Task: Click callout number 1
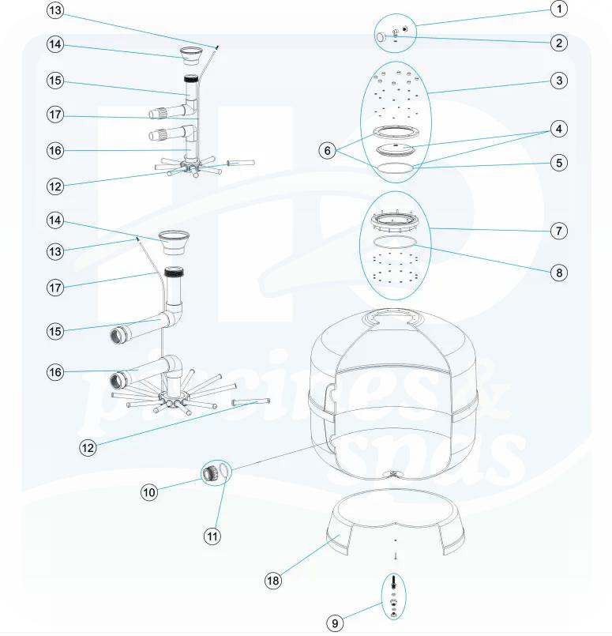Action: pos(558,9)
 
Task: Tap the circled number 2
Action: pos(558,43)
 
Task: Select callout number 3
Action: pos(558,81)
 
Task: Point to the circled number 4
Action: pos(558,128)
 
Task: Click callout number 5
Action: pos(558,164)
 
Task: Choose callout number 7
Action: pos(558,231)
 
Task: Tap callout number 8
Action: pos(558,273)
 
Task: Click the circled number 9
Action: pos(335,623)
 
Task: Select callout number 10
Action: pos(149,491)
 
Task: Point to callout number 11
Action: pos(212,536)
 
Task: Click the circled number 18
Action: pos(272,581)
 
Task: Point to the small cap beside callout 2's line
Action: pos(381,36)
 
